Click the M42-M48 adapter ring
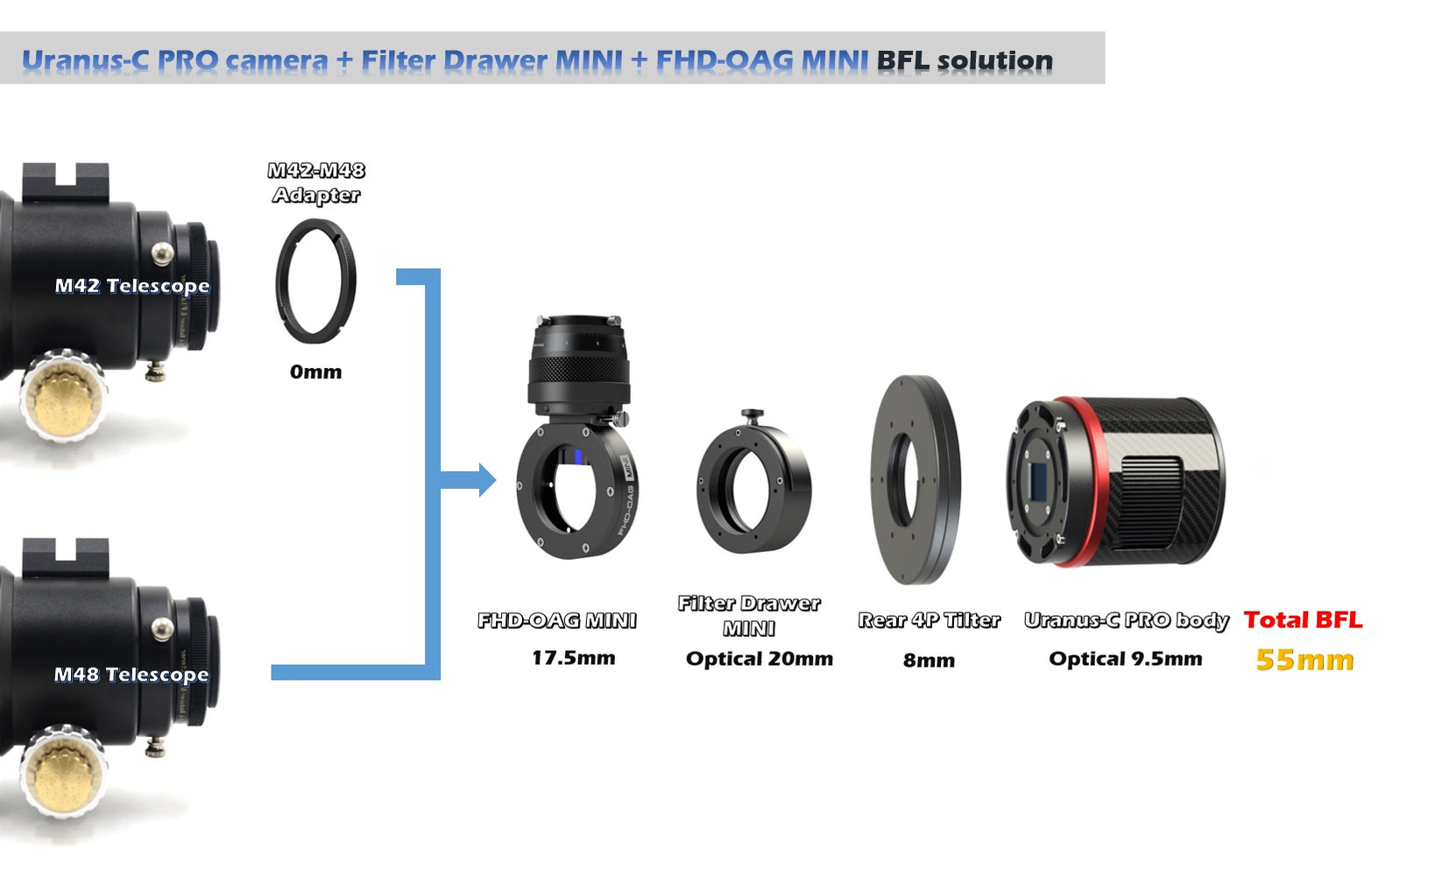click(315, 281)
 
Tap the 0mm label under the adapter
click(315, 371)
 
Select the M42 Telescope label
click(132, 286)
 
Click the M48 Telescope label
click(131, 674)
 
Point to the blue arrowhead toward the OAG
click(487, 479)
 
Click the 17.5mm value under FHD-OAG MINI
click(573, 657)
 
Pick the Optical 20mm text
click(759, 659)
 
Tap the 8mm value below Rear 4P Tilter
click(929, 660)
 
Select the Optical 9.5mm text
click(1125, 659)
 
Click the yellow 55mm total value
click(1304, 660)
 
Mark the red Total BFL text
click(1303, 619)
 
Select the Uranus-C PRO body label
click(1126, 620)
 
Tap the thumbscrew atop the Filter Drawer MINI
click(752, 414)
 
